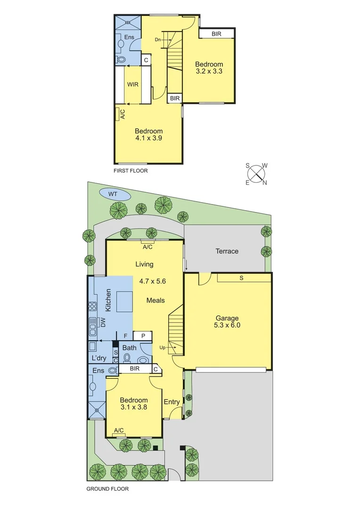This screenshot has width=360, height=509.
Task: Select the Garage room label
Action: pos(228,318)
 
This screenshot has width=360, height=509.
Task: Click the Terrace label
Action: pos(227,251)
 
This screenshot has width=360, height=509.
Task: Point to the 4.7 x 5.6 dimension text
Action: pos(153,281)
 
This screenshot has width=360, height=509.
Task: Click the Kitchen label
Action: pos(108,300)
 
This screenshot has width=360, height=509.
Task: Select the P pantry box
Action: pos(142,336)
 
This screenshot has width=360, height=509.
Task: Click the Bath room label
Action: pos(130,348)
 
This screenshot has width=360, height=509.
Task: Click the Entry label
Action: pos(172,402)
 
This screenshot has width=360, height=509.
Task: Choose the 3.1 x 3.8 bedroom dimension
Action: pos(134,408)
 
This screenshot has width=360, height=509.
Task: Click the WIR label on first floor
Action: pos(132,84)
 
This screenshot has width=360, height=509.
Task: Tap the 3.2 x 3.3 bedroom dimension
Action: pos(209,72)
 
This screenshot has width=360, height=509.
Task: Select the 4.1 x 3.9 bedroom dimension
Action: pos(149,139)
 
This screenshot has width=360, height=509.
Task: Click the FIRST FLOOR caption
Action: pos(131,171)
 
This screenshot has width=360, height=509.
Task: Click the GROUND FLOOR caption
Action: pos(107,489)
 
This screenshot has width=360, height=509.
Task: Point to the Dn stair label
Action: pos(159,40)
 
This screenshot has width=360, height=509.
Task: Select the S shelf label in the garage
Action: pos(241,278)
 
